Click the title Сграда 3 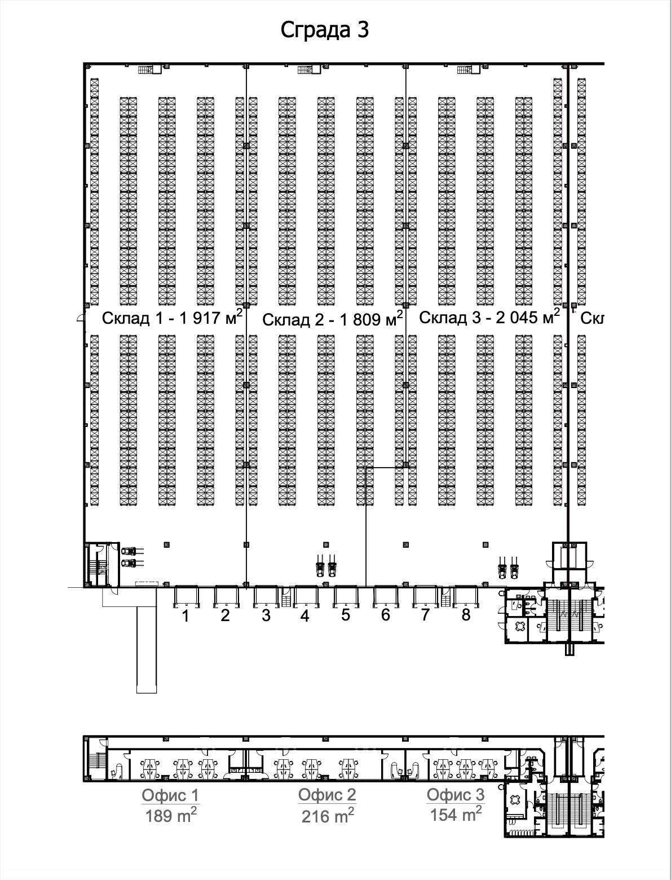325,30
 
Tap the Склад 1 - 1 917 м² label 172,318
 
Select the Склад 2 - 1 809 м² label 333,320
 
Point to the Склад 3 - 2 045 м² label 489,317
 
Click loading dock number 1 185,617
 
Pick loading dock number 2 225,616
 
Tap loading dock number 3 266,616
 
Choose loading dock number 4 305,616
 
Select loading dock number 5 346,615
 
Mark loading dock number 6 386,615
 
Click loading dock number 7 425,615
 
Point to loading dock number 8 466,615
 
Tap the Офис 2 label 327,795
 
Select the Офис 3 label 455,795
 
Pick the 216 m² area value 328,816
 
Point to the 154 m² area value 456,814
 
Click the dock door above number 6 386,596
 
